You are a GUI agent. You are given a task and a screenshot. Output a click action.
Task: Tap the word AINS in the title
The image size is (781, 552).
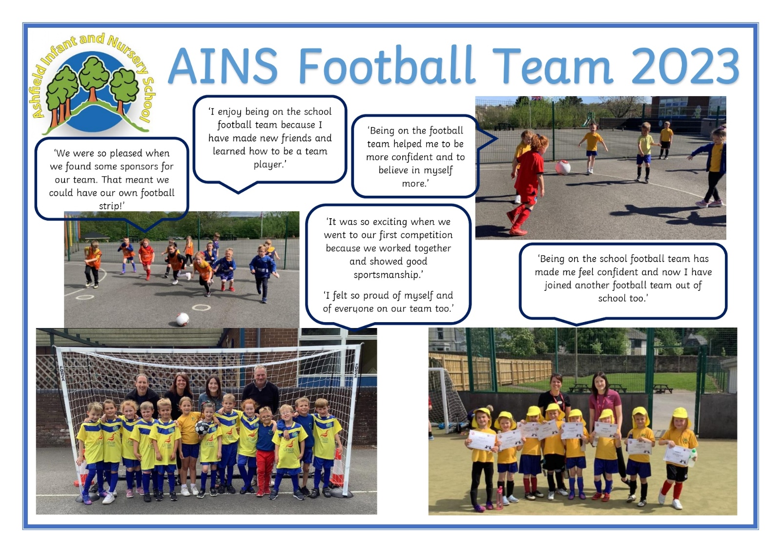coord(223,66)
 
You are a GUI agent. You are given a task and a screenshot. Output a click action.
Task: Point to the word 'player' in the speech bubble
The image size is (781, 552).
coord(268,164)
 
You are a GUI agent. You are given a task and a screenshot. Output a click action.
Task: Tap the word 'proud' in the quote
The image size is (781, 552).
coord(376,296)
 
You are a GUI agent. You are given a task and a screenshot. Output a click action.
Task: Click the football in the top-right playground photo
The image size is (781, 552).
coord(563,167)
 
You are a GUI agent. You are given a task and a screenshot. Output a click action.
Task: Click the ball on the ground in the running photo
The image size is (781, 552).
coord(183,319)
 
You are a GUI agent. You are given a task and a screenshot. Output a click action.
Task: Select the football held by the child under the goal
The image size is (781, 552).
coord(202,428)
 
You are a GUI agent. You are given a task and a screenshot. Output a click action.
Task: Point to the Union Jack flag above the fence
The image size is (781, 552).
coord(536,99)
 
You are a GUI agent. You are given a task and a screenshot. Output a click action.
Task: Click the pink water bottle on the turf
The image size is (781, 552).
coord(500,498)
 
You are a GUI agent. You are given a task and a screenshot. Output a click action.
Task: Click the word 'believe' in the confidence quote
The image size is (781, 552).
coord(396,170)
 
